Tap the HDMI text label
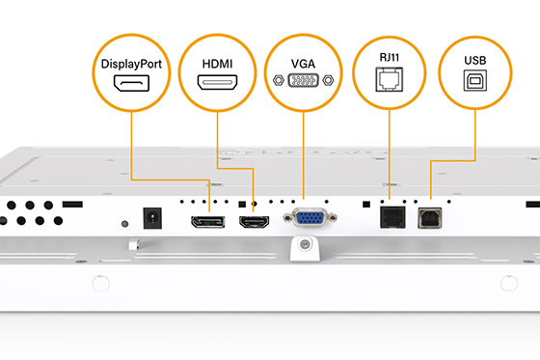tap(216, 65)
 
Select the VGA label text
tap(303, 63)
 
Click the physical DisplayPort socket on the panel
tap(207, 222)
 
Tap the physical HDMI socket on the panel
tap(254, 222)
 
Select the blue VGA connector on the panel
tap(308, 219)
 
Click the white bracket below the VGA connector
tap(306, 245)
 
